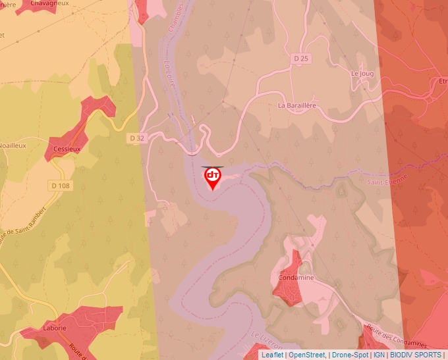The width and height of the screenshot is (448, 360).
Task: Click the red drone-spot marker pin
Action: click(x=213, y=178)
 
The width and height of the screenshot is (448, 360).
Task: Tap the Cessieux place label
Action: click(x=67, y=149)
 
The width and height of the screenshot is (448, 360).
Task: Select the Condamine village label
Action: click(x=296, y=278)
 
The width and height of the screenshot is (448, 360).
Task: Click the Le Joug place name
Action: click(x=362, y=74)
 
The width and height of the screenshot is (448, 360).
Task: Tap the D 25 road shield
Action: click(x=301, y=59)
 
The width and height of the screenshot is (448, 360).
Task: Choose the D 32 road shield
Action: click(x=136, y=138)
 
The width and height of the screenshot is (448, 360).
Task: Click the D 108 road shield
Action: click(x=60, y=186)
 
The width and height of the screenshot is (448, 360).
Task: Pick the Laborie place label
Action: click(x=55, y=328)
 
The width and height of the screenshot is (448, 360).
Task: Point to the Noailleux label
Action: click(x=13, y=145)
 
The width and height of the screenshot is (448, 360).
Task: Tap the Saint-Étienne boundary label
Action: click(x=387, y=180)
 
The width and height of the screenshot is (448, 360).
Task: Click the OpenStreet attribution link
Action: click(x=307, y=355)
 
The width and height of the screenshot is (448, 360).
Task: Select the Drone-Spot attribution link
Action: click(x=350, y=355)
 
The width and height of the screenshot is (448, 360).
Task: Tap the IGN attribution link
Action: click(x=379, y=355)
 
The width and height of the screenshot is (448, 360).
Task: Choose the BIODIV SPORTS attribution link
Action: click(x=415, y=355)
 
